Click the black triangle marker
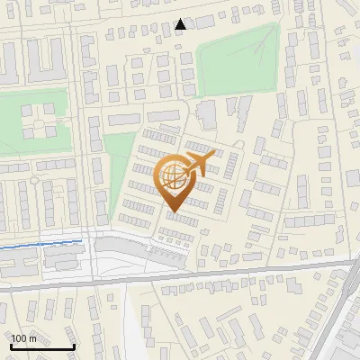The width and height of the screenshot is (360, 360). (181, 24)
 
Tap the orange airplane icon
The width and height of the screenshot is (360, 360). (199, 164)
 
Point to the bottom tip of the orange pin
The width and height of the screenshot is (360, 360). (171, 212)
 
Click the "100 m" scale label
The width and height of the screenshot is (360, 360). (24, 338)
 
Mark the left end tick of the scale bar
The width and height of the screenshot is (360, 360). (11, 346)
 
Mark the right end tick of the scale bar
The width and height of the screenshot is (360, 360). (74, 346)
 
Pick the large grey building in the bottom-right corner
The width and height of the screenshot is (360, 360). (346, 346)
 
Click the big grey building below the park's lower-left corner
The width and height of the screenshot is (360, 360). (207, 113)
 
